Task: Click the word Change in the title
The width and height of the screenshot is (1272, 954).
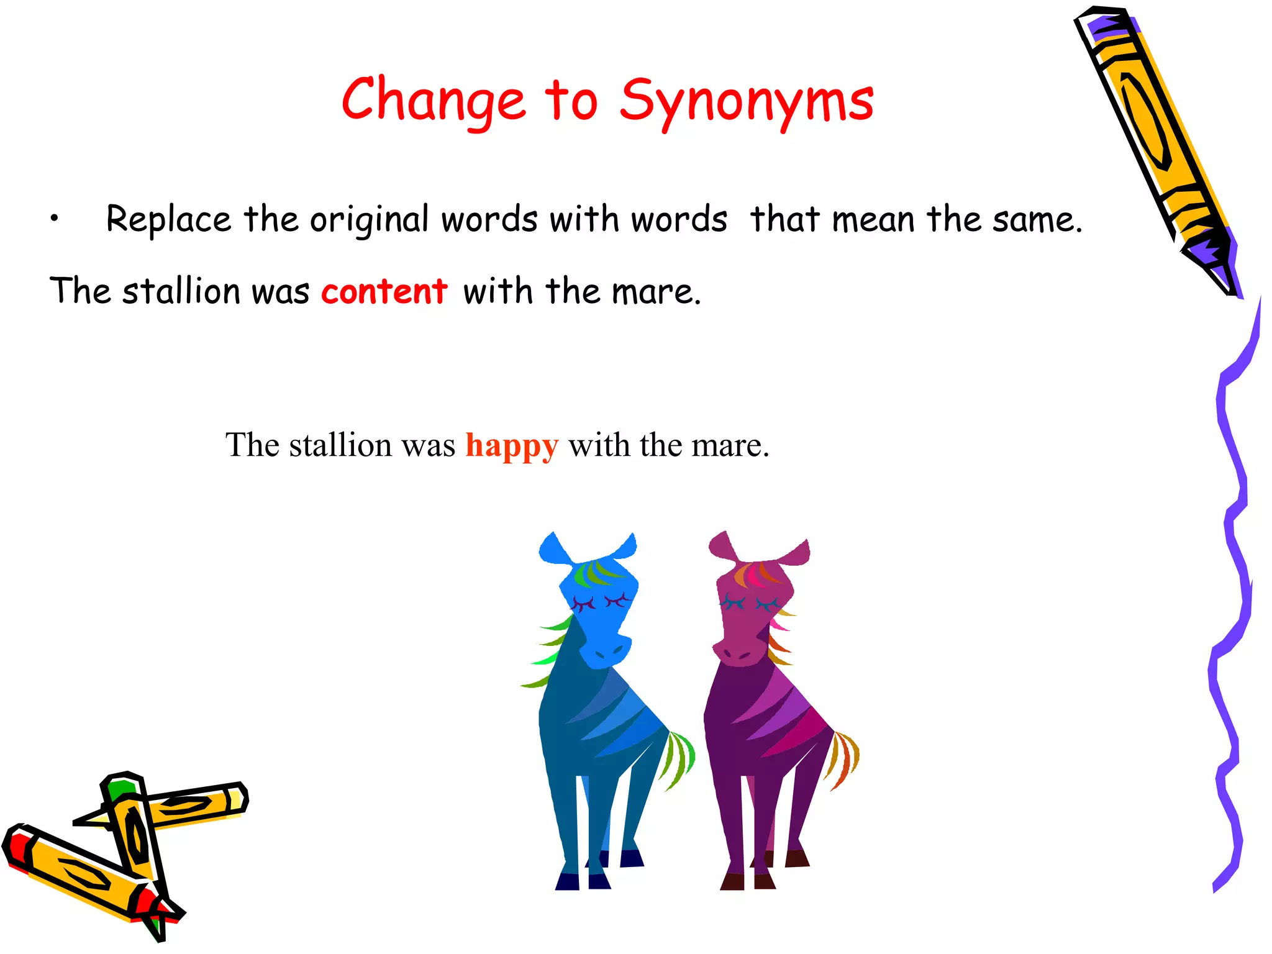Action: [434, 101]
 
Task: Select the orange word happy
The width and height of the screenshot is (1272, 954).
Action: [512, 445]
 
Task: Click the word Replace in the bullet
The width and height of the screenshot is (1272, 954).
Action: [168, 219]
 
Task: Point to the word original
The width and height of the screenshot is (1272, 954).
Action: [369, 219]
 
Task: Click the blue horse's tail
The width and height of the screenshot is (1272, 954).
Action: [679, 758]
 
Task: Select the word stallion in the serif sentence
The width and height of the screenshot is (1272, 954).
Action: [340, 445]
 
